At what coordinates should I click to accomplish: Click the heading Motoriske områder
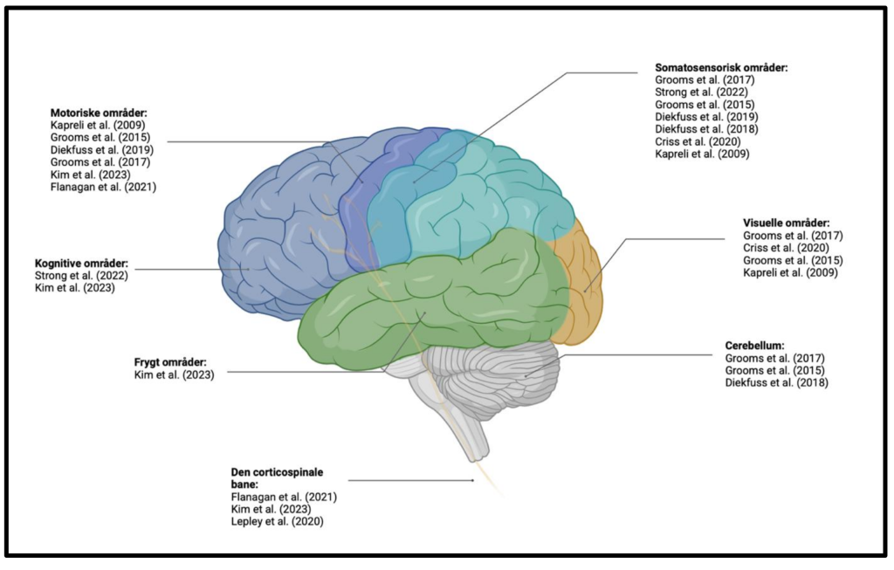(x=99, y=113)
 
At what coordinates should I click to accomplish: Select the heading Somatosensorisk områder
(x=721, y=67)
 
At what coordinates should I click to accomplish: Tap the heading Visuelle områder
(x=787, y=223)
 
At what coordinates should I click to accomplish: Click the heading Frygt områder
(x=170, y=362)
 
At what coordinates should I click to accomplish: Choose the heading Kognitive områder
(x=81, y=264)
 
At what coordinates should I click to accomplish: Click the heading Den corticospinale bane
(x=277, y=478)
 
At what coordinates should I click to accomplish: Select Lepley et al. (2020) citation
(x=277, y=521)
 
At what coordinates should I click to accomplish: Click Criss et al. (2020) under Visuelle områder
(x=786, y=248)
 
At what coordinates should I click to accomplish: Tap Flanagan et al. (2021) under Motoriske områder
(x=103, y=187)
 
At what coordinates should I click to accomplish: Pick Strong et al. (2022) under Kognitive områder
(x=81, y=276)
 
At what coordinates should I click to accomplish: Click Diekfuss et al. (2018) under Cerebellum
(x=776, y=383)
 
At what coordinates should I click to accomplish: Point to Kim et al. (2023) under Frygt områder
(x=175, y=375)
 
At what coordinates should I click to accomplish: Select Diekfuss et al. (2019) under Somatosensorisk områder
(x=706, y=117)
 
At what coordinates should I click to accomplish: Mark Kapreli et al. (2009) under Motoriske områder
(x=98, y=125)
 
